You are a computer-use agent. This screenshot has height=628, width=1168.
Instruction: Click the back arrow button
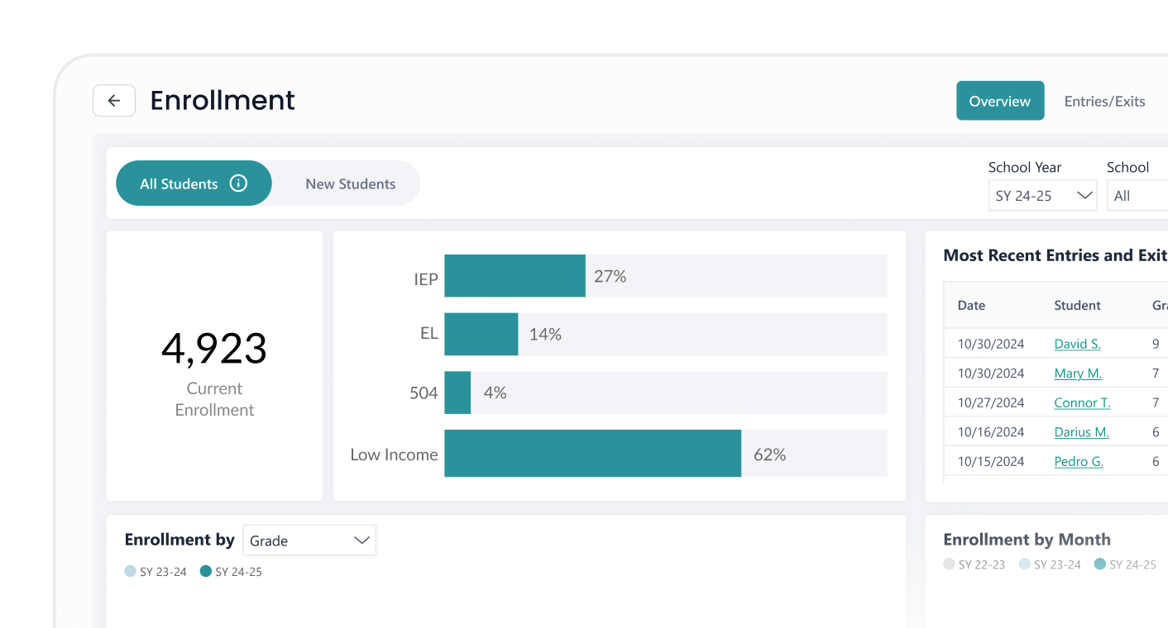pos(114,101)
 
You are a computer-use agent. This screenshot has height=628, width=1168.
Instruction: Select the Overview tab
pos(999,101)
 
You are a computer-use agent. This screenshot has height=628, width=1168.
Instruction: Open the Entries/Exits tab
pos(1104,101)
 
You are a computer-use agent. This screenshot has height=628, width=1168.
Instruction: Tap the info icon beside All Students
pos(238,183)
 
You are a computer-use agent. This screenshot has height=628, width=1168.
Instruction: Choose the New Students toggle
pos(350,183)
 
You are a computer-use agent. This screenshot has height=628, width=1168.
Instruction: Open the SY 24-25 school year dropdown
pos(1042,196)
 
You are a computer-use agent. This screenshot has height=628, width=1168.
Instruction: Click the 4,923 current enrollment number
pos(214,349)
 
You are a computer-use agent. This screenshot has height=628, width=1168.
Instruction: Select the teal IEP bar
pos(515,276)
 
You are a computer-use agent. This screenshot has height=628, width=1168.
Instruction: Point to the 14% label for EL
pos(545,335)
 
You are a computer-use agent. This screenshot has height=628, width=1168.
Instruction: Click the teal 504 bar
pos(457,392)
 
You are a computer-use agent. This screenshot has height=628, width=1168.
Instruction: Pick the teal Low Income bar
pos(592,454)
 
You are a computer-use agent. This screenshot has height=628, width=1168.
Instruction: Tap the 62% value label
pos(769,454)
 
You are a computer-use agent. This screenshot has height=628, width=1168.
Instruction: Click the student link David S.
pos(1077,344)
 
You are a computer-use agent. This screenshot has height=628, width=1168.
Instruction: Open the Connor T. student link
pos(1082,403)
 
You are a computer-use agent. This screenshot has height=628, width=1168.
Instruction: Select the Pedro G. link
pos(1079,462)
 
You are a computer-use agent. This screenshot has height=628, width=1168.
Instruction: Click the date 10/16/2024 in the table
pos(991,432)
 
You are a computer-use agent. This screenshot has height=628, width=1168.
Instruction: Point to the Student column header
pos(1077,306)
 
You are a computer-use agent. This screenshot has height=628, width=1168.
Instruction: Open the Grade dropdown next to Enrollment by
pos(309,540)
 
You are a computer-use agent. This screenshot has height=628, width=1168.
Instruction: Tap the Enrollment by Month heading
pos(1027,540)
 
